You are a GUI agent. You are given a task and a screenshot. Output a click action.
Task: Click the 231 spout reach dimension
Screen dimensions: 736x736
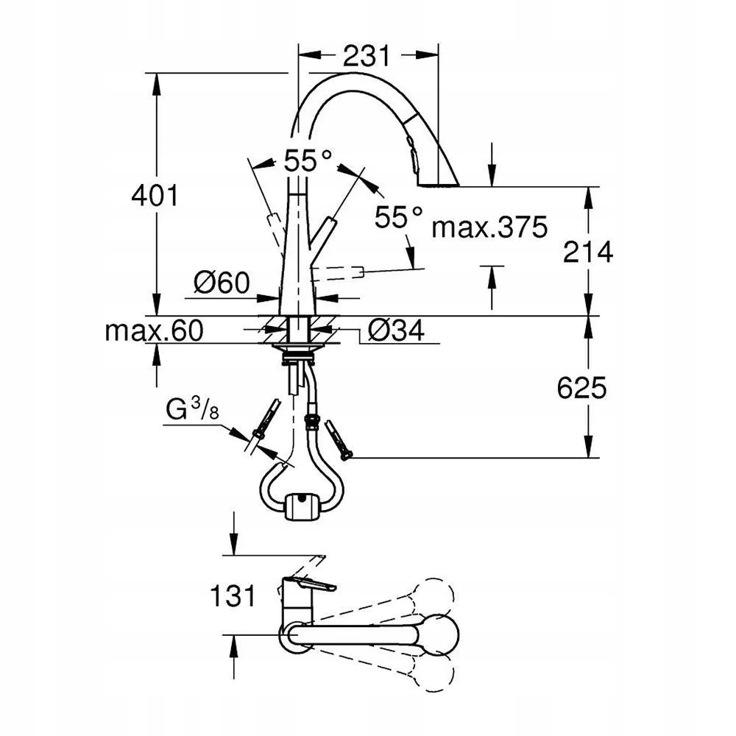pos(366,56)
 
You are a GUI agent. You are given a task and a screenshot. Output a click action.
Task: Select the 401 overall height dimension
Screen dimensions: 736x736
pos(155,195)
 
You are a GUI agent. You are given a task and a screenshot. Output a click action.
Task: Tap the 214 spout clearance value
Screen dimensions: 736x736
pos(588,252)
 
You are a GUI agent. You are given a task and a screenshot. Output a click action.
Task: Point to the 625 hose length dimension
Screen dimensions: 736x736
pos(582,388)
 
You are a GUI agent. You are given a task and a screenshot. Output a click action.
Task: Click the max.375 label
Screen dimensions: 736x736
pos(489,227)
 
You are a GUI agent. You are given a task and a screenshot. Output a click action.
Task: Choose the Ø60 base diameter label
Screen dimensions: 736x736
pos(222,283)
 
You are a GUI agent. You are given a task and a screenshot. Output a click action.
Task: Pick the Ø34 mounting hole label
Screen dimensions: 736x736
pos(396,330)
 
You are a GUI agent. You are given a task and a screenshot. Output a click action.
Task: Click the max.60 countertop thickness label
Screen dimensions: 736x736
pos(154,330)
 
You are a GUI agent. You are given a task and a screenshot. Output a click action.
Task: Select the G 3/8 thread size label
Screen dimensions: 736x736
pos(192,408)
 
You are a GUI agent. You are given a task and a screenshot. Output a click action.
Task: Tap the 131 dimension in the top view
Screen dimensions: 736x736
pos(233,596)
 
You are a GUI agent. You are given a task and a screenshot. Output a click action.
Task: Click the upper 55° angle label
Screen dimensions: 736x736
pos(308,160)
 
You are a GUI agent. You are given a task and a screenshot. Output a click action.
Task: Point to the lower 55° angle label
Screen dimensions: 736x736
pos(398,217)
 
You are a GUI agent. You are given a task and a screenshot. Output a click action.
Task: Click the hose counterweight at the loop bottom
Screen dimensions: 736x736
pos(302,506)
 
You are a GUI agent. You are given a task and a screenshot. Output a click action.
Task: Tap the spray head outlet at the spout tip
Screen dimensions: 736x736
pos(437,185)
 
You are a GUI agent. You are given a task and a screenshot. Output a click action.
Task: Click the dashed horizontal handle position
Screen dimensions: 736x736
pos(338,274)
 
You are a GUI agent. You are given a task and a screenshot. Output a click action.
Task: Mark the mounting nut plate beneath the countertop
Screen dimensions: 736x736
pos(297,347)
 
